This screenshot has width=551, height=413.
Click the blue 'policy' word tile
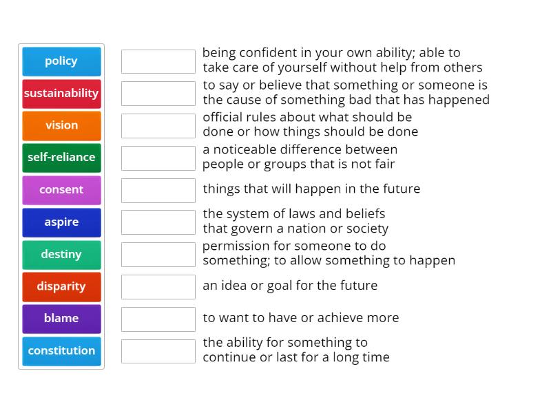click(61, 61)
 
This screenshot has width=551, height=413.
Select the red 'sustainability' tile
click(61, 94)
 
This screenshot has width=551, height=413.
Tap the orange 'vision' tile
click(61, 125)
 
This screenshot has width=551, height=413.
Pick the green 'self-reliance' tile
click(61, 158)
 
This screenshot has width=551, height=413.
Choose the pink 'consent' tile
click(61, 190)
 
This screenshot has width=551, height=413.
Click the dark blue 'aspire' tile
click(61, 222)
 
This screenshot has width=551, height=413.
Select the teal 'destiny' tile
click(61, 255)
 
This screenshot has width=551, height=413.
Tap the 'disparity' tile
click(61, 286)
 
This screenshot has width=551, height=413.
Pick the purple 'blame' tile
click(61, 319)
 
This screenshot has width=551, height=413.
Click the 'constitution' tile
click(61, 351)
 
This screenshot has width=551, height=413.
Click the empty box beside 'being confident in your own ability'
click(158, 61)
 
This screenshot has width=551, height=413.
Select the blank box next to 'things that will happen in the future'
click(158, 190)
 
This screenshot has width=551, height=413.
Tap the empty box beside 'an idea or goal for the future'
click(158, 286)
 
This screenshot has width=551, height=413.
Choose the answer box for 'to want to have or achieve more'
click(158, 319)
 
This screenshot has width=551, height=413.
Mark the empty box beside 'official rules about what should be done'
click(158, 125)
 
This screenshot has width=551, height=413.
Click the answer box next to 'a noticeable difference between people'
click(158, 158)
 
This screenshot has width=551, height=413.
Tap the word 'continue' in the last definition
click(227, 357)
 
